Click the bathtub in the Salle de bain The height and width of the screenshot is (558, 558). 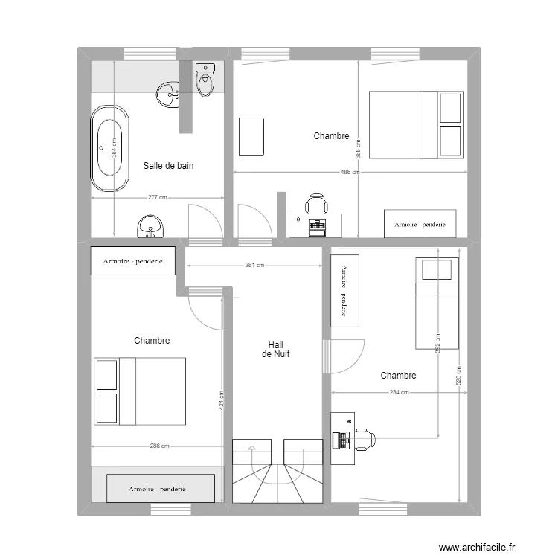coord(110,148)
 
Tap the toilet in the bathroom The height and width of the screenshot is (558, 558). coord(205,80)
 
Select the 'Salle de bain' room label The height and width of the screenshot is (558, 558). coord(168,166)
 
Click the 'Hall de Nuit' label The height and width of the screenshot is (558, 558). coord(276,350)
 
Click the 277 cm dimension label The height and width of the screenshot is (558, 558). coord(157,198)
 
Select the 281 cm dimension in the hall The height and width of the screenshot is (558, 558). coord(254,266)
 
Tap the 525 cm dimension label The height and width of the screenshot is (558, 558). coord(459,375)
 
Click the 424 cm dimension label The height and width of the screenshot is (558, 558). coord(221,401)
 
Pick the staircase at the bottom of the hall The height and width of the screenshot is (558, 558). coord(277,471)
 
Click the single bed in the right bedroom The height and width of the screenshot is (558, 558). coord(437,303)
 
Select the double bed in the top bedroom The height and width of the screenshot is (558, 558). coord(416,125)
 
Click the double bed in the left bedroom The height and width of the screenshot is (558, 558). coord(139,391)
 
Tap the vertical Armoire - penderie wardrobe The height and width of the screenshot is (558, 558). coord(344,290)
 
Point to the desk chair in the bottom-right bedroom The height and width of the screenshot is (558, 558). coord(364,439)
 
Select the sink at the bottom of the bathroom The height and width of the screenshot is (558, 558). coord(152,226)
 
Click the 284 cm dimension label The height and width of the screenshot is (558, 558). coord(399,393)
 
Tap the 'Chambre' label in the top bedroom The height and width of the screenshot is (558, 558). coord(331,136)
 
